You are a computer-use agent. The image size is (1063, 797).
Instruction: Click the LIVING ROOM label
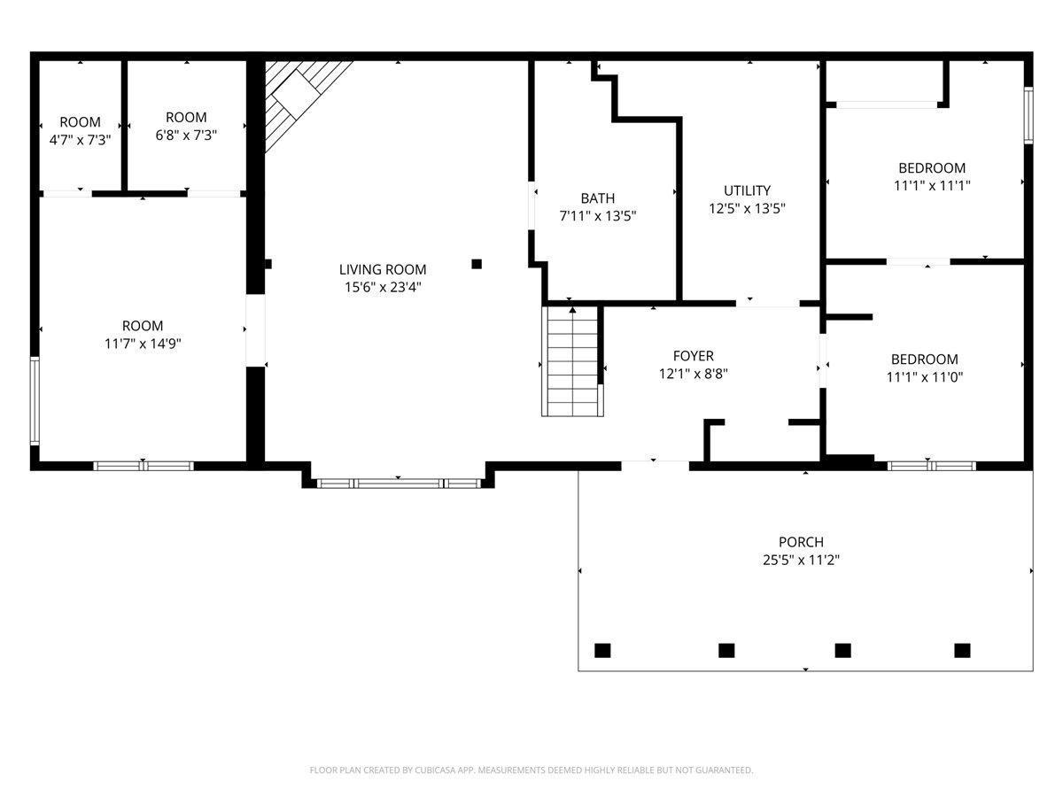tap(383, 269)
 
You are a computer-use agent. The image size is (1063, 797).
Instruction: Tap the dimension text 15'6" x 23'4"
tap(383, 287)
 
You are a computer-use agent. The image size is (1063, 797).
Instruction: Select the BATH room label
tap(597, 198)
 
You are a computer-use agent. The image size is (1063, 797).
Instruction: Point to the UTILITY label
tap(747, 190)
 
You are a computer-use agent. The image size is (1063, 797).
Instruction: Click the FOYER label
tap(693, 356)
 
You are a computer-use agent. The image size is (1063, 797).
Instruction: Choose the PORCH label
tap(801, 542)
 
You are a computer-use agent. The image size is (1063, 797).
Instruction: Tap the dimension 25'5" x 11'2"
tap(801, 560)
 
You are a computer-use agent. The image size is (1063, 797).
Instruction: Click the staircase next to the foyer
tap(572, 361)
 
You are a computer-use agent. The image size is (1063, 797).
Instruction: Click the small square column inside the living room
tap(477, 263)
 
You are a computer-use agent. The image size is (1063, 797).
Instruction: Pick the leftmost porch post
tap(602, 650)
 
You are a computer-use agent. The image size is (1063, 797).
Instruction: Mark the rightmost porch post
tap(962, 650)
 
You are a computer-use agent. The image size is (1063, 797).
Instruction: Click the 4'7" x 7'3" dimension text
tap(80, 139)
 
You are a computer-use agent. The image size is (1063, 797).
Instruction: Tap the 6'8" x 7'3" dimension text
tap(186, 135)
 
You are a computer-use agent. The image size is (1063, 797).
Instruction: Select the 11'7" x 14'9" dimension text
tap(143, 344)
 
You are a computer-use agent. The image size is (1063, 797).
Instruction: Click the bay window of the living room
tap(398, 483)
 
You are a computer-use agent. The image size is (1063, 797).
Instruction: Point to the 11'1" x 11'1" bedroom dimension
tap(932, 185)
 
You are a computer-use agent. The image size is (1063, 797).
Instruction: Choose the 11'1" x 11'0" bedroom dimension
tap(924, 376)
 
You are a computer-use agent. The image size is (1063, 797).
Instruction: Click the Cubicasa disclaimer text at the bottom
tap(531, 770)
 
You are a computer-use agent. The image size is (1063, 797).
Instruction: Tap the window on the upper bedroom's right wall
tap(1028, 114)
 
